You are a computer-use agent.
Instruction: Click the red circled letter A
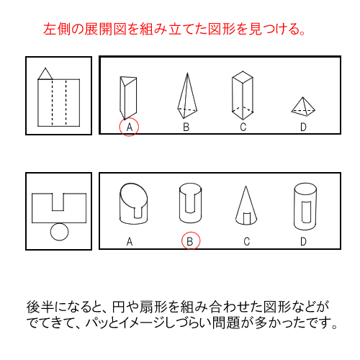point(129,127)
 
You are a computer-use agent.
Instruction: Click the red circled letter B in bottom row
point(189,241)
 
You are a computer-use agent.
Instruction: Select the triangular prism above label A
point(128,96)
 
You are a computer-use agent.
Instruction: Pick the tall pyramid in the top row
point(186,94)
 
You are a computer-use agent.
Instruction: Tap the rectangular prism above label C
point(243,94)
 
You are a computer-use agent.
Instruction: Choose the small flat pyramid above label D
point(302,107)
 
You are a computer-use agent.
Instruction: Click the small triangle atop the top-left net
point(45,73)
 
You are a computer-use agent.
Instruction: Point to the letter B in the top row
point(186,127)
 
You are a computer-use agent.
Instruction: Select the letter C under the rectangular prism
point(243,127)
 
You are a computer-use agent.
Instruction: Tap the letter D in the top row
point(302,127)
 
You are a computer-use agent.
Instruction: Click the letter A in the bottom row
point(130,242)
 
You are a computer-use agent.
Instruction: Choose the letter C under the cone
point(246,242)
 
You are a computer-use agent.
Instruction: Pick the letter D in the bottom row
point(304,242)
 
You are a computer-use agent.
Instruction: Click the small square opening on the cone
point(246,217)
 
